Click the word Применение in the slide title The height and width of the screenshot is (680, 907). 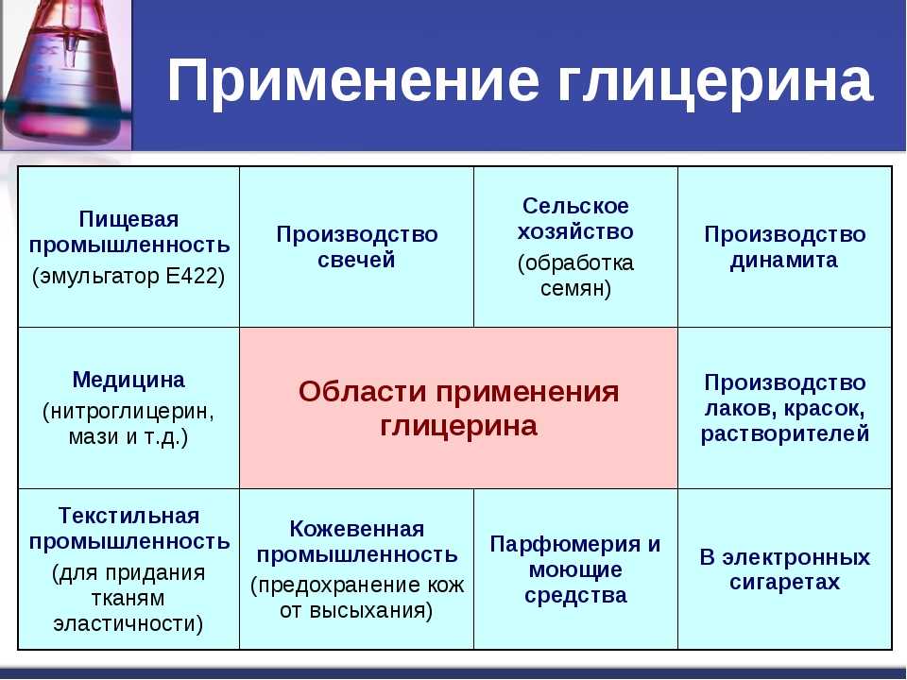(x=353, y=81)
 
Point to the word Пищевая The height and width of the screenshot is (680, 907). (x=128, y=220)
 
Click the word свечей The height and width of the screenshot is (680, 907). (x=356, y=260)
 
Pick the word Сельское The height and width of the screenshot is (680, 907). (x=575, y=206)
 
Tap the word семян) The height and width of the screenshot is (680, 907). (x=575, y=288)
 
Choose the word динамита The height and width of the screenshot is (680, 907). (x=784, y=261)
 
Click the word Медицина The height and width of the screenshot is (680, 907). (x=128, y=380)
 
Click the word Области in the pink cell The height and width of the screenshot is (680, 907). (x=362, y=392)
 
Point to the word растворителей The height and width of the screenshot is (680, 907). (x=785, y=433)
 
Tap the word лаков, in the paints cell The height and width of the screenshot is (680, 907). (x=740, y=409)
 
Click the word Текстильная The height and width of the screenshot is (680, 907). (x=128, y=516)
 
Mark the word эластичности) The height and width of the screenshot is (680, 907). (x=128, y=623)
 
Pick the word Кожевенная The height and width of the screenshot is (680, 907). (x=357, y=529)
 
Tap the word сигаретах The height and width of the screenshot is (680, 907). (x=784, y=582)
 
